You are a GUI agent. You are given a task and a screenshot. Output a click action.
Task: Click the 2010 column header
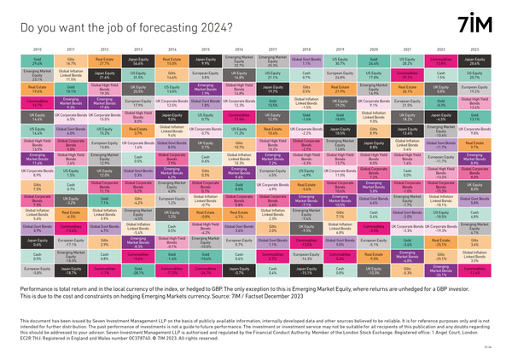pos(35,50)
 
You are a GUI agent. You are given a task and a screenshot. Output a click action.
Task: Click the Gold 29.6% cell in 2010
pos(35,61)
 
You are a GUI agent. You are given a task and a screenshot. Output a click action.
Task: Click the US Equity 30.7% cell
pos(339,61)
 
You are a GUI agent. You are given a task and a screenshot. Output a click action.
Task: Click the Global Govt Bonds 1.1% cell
pos(305,61)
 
